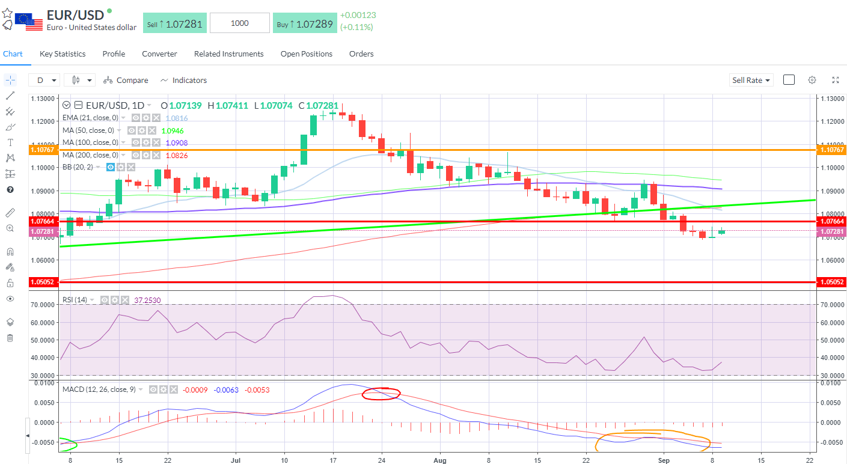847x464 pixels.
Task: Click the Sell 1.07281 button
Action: [x=175, y=23]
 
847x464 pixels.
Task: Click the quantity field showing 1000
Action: [x=240, y=23]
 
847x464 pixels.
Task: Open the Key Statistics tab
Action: [x=63, y=54]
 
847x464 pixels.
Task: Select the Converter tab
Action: [x=159, y=54]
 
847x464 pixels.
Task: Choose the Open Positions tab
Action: [x=307, y=54]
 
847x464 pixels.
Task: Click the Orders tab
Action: [x=361, y=54]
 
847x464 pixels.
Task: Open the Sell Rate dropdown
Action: [x=751, y=80]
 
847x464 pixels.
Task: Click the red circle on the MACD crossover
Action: [x=381, y=394]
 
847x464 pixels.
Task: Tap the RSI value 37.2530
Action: [x=147, y=300]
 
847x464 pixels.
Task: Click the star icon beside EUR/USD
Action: [x=7, y=13]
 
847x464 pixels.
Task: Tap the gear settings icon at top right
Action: [x=812, y=80]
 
